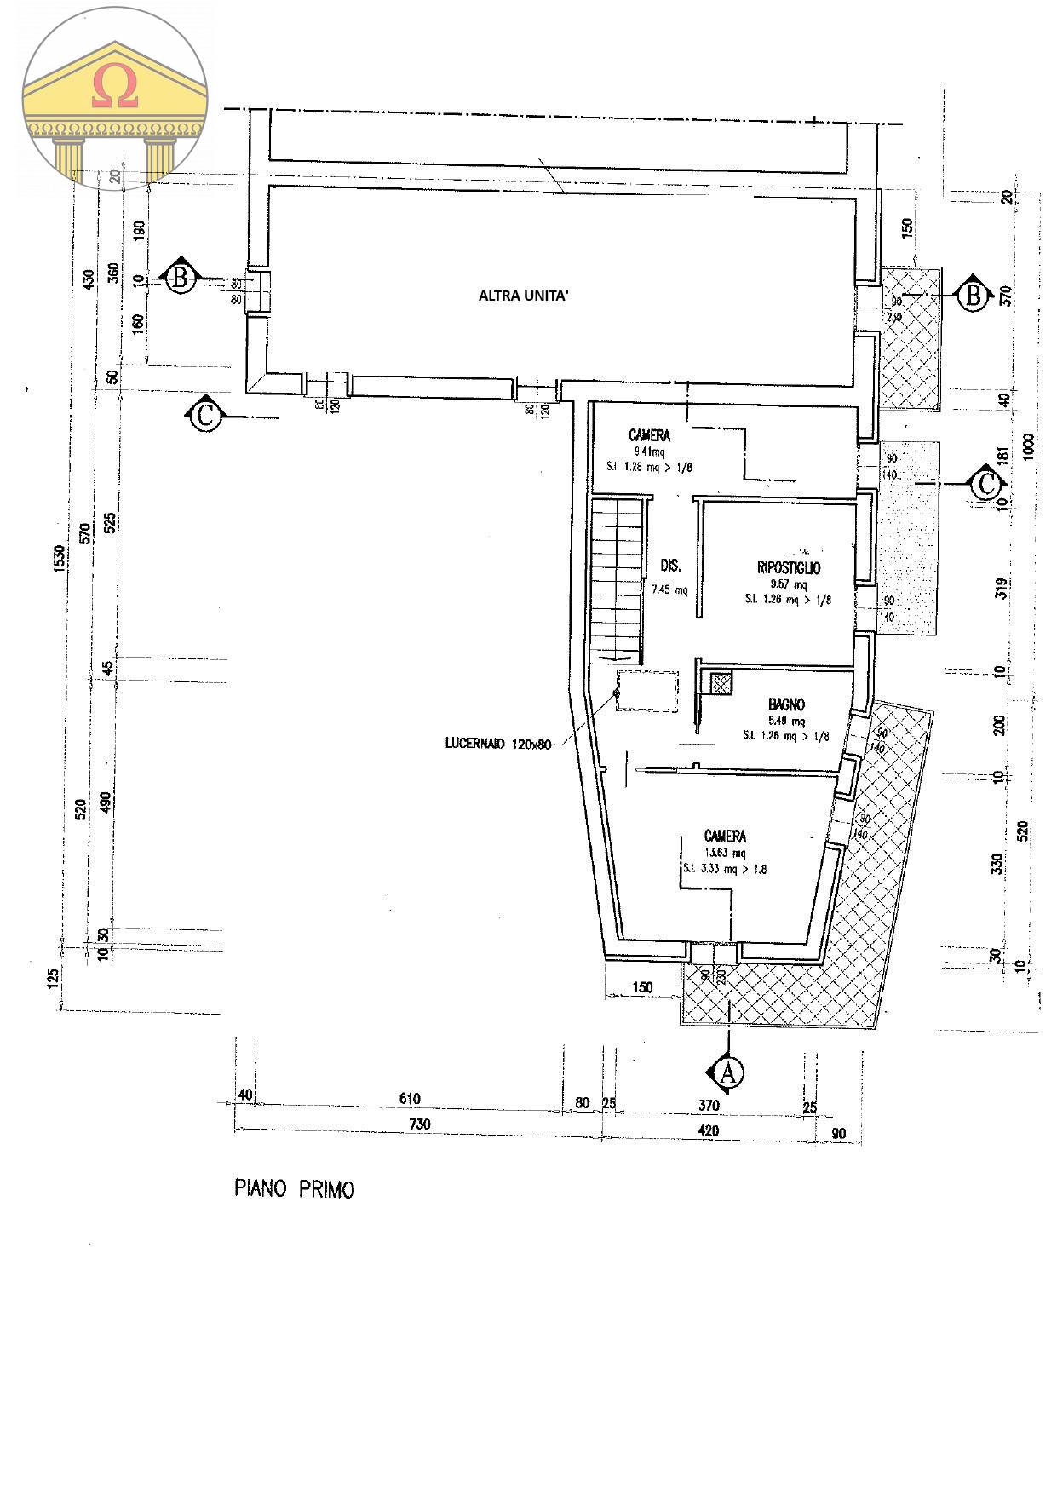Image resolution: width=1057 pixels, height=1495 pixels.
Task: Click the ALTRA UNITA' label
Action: [x=524, y=296]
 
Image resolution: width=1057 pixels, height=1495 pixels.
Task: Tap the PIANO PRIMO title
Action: [x=294, y=1189]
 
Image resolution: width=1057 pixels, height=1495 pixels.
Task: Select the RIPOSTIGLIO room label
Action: [x=789, y=567]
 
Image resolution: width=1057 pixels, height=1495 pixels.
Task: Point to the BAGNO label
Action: [x=786, y=704]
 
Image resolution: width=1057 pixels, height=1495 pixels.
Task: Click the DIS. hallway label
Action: [x=671, y=566]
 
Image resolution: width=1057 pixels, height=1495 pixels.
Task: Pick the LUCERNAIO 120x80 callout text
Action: [x=497, y=744]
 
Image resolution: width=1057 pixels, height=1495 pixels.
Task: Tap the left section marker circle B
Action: [x=180, y=278]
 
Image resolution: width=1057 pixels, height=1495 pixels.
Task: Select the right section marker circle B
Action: [x=973, y=296]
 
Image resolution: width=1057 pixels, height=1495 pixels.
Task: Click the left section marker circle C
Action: [x=205, y=417]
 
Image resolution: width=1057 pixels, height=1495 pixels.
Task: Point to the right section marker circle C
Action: [x=985, y=485]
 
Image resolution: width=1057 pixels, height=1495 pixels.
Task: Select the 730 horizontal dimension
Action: [x=419, y=1124]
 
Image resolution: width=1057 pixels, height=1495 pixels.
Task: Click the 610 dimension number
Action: [x=410, y=1099]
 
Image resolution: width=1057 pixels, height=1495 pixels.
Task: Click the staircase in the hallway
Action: [x=616, y=579]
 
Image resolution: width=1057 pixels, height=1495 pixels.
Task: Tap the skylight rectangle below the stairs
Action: [x=647, y=690]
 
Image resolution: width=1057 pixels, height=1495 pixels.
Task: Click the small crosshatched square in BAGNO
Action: [x=721, y=683]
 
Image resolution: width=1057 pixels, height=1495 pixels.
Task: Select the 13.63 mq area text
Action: [x=726, y=853]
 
